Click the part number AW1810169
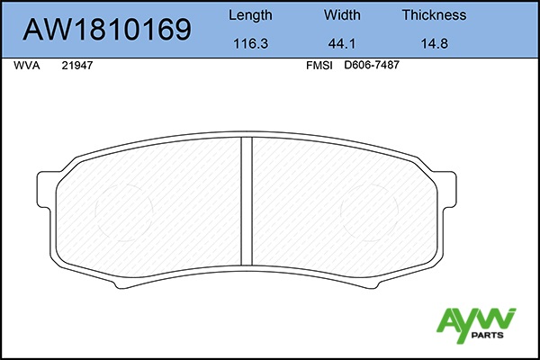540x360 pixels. coord(107,30)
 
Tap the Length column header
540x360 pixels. coord(250,15)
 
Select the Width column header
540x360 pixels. coord(342,14)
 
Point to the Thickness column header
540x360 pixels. coord(435,14)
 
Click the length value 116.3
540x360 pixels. coord(251,44)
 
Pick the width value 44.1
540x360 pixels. coord(342,44)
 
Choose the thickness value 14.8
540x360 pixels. coord(435,44)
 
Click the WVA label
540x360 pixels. coord(27,66)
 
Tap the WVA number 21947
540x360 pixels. coord(77,66)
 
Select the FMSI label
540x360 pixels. coord(319,66)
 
